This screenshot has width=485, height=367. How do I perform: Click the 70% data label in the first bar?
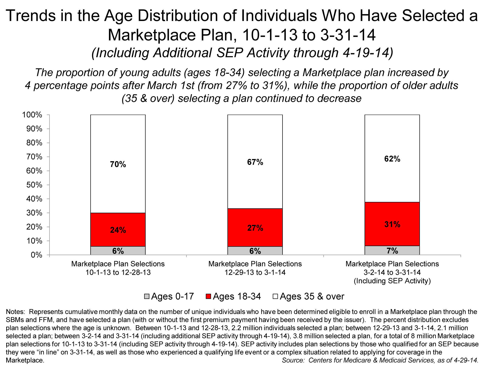coord(118,164)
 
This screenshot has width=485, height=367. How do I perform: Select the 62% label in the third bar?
coord(392,159)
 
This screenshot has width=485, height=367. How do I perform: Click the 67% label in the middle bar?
coord(255,162)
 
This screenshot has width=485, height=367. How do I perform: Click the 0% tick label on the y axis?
coord(36,255)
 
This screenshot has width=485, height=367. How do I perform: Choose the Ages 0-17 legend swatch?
coord(147,297)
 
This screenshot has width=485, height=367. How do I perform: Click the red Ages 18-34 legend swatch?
coord(208,297)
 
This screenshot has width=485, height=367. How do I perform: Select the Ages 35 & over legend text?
coord(312,297)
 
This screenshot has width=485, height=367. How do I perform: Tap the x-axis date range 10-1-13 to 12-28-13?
coord(118,272)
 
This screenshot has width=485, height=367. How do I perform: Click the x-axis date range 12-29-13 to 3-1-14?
coord(255,272)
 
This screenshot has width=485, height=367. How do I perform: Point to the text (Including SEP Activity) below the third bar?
coord(392,281)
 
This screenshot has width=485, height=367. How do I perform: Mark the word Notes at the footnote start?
coord(15,312)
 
